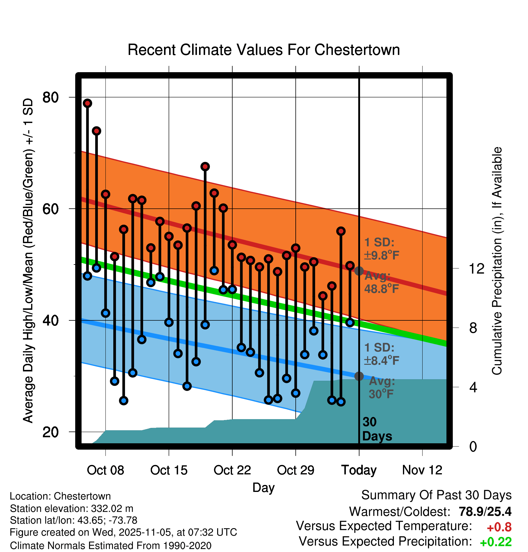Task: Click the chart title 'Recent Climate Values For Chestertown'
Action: (264, 50)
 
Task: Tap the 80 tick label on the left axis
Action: (50, 98)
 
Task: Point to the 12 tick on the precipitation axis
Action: (476, 268)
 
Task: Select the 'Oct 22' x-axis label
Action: (232, 470)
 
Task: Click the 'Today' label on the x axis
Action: (359, 470)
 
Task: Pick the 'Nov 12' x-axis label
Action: (422, 470)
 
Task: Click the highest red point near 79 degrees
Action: (88, 103)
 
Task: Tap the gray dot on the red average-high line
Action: (359, 271)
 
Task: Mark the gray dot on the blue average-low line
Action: (359, 376)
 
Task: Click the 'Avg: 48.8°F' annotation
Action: (381, 283)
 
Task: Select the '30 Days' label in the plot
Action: (377, 429)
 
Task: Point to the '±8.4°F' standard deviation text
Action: (382, 361)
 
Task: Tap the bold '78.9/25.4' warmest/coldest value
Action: (485, 512)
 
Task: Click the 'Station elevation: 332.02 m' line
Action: (72, 509)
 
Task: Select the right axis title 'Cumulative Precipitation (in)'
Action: (497, 261)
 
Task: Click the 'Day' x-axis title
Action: (263, 488)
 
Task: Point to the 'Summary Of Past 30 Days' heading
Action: (436, 495)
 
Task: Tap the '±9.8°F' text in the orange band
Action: (382, 255)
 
